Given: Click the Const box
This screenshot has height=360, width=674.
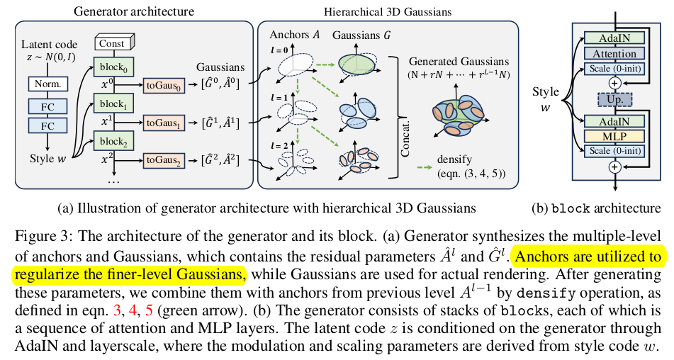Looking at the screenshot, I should [111, 44].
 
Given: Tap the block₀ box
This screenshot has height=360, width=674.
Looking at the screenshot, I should [111, 69].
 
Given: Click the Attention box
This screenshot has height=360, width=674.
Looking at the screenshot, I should [614, 54].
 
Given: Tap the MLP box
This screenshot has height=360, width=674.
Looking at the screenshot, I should [614, 135].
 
